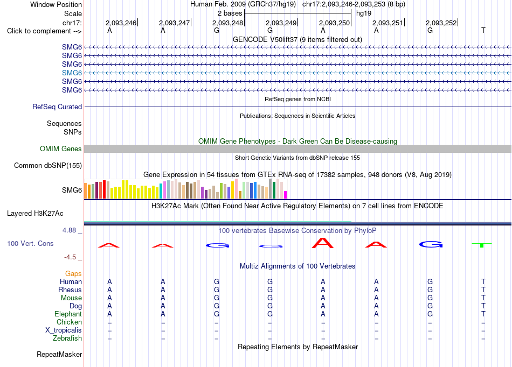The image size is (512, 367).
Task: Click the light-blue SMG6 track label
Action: [x=72, y=73]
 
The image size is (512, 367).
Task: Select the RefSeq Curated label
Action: [x=57, y=107]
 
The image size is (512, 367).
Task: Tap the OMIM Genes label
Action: [x=61, y=149]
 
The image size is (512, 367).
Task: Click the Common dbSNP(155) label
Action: [x=48, y=166]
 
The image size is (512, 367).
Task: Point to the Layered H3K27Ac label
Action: [x=35, y=214]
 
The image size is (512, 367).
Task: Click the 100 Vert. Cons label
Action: [x=30, y=243]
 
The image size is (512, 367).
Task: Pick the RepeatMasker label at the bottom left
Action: [x=59, y=354]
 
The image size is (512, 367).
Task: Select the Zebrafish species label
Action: [x=67, y=338]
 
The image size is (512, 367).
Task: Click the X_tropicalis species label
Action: [x=64, y=330]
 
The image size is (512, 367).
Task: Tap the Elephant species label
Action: [x=68, y=314]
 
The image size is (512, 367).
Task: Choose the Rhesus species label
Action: [x=70, y=290]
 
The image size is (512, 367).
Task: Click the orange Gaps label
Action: [x=73, y=274]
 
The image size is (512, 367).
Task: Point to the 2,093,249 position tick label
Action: [x=281, y=23]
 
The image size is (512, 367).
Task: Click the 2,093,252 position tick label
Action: [x=441, y=23]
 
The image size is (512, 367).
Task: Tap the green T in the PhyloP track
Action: [x=482, y=244]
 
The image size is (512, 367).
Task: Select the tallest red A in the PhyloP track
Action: [x=323, y=243]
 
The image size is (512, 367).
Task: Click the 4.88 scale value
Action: [x=69, y=230]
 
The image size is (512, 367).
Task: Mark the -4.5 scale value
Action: [x=70, y=257]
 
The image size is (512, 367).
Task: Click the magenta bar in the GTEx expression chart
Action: [x=286, y=195]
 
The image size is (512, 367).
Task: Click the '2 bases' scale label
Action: [x=230, y=13]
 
